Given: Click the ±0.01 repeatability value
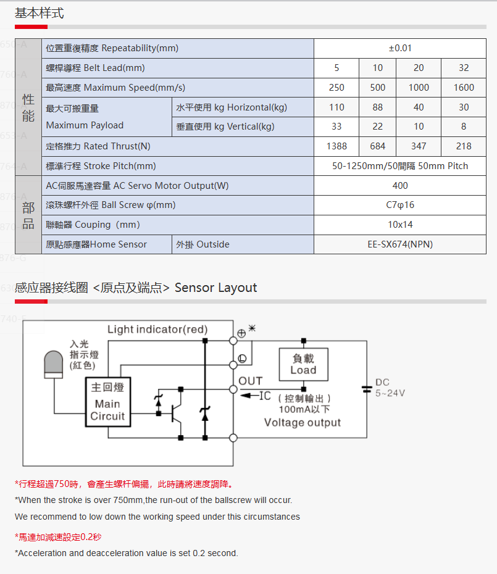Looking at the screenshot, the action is (400, 48).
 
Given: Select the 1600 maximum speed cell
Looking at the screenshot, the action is (464, 88).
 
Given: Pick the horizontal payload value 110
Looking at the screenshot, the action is (336, 107).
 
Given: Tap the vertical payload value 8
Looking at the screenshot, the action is (464, 127).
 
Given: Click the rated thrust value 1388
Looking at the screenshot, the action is (336, 146).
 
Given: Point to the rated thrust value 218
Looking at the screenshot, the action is (464, 146).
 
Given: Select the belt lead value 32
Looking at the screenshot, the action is (464, 68).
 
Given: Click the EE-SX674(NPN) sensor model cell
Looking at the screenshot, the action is (400, 244).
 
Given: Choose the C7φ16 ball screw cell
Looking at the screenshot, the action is (400, 205).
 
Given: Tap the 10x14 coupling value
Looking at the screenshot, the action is (400, 225).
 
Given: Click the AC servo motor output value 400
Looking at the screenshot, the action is (400, 186).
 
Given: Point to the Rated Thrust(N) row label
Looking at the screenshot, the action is (98, 146).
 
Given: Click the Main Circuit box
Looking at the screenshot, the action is (108, 402).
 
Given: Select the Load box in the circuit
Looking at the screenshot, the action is (304, 365).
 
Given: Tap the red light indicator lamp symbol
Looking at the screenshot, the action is (54, 364).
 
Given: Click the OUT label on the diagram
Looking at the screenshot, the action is (251, 381).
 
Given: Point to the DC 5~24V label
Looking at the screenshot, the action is (390, 388).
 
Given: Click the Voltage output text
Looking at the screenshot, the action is (303, 423).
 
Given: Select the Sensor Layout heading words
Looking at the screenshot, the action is (215, 288).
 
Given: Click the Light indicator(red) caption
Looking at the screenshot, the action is (157, 330).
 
